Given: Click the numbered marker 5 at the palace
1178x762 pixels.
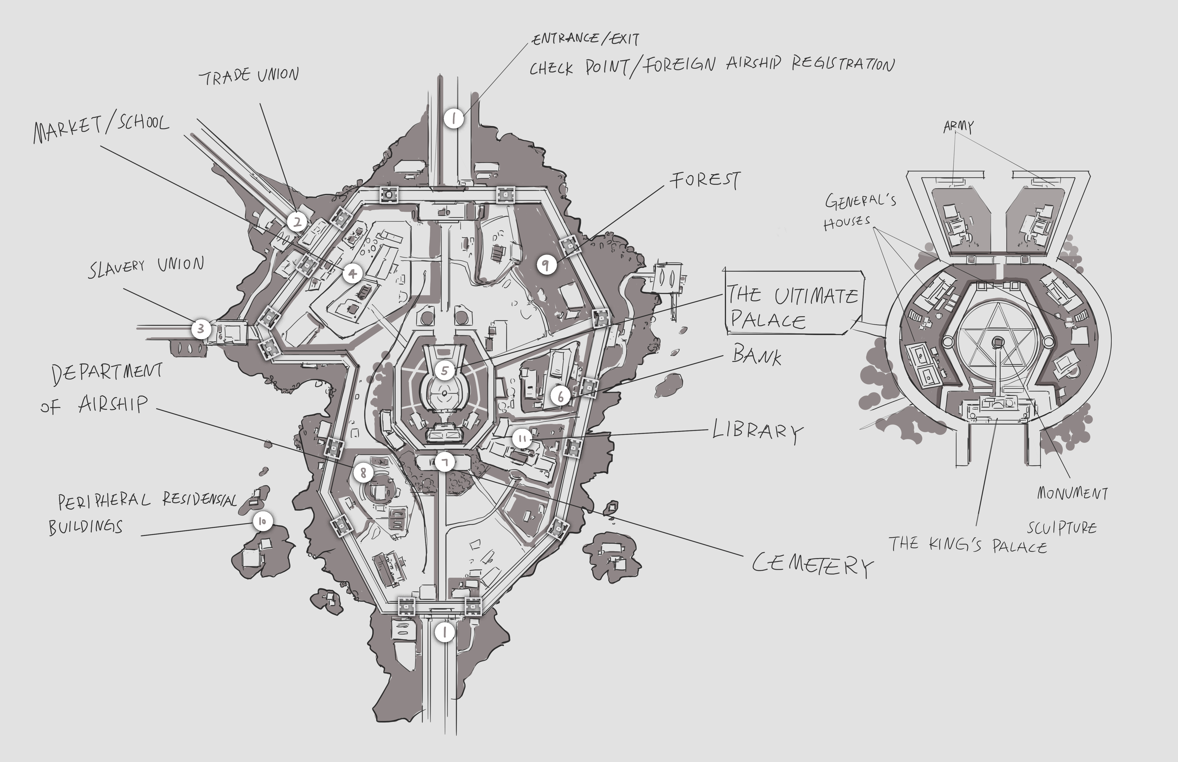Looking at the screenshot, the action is (x=444, y=370).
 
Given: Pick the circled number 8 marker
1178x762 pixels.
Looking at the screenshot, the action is (x=363, y=472).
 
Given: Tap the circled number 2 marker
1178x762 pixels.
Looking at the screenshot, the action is (x=297, y=222).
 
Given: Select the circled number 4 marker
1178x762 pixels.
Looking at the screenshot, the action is (x=352, y=273).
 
